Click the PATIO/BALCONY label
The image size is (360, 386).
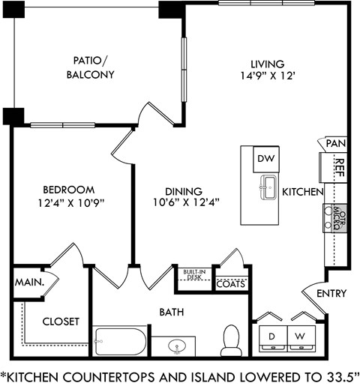click(94, 67)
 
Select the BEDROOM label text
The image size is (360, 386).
click(68, 189)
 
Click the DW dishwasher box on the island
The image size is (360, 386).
click(265, 159)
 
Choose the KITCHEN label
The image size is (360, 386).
click(302, 193)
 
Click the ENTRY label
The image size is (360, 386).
click(331, 293)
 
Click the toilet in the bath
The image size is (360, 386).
click(230, 341)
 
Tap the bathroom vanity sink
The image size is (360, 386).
click(177, 346)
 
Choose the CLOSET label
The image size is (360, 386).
click(61, 321)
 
